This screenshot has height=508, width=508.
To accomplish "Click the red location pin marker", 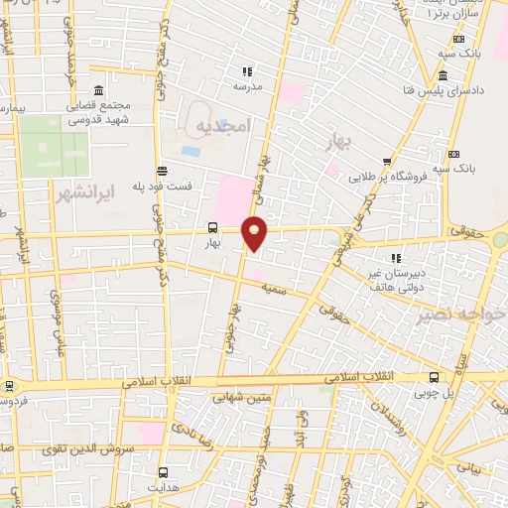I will [x=255, y=233].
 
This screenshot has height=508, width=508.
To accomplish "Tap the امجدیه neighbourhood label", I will [x=219, y=126].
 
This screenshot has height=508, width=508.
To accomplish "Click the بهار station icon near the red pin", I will [x=212, y=227].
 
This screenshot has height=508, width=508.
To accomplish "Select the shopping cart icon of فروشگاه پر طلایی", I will [x=387, y=163].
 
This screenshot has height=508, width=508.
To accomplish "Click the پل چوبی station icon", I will [x=433, y=377].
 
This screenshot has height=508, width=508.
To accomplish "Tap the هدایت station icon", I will [x=163, y=472].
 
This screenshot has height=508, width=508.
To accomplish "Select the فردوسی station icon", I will [x=10, y=386].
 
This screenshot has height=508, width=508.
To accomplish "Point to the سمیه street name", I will [x=273, y=285].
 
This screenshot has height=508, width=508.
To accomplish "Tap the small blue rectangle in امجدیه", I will [x=190, y=152].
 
